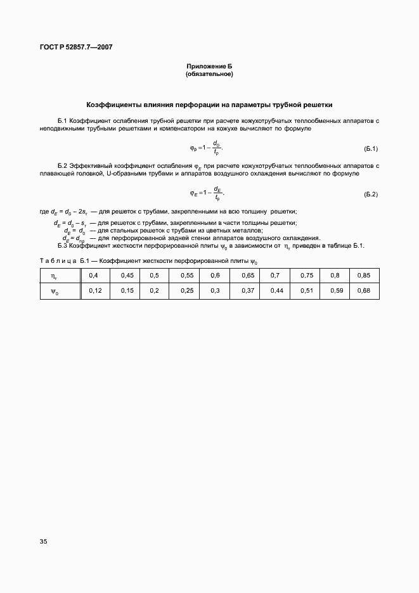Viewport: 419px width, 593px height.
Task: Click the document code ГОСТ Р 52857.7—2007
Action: click(72, 48)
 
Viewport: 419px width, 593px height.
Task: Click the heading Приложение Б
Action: click(209, 67)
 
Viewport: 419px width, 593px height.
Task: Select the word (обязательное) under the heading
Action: click(209, 74)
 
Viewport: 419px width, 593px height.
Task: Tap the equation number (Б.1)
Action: click(371, 149)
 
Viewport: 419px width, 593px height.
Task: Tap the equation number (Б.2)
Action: click(371, 194)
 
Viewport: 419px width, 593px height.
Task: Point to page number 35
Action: click(43, 542)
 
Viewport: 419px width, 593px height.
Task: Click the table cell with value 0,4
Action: click(94, 276)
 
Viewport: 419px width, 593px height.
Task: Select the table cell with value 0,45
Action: click(127, 276)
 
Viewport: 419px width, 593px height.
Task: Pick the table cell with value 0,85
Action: click(364, 276)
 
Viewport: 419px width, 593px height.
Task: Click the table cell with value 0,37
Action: click(248, 290)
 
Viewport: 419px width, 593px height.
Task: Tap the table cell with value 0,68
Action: click(364, 290)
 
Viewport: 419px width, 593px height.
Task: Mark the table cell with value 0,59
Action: click(336, 290)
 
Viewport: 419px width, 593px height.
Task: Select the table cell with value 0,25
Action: click(186, 290)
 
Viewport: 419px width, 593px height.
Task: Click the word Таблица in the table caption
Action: click(58, 261)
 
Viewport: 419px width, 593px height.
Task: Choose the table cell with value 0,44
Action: click(276, 290)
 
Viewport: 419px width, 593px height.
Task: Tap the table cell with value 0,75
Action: click(307, 276)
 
